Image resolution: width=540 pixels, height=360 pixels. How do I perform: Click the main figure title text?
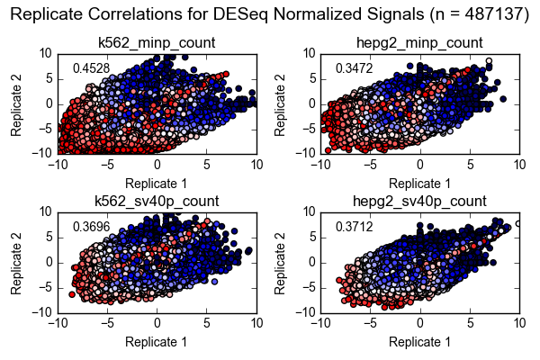(269, 14)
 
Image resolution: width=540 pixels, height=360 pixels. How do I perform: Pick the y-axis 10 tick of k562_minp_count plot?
(43, 53)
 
